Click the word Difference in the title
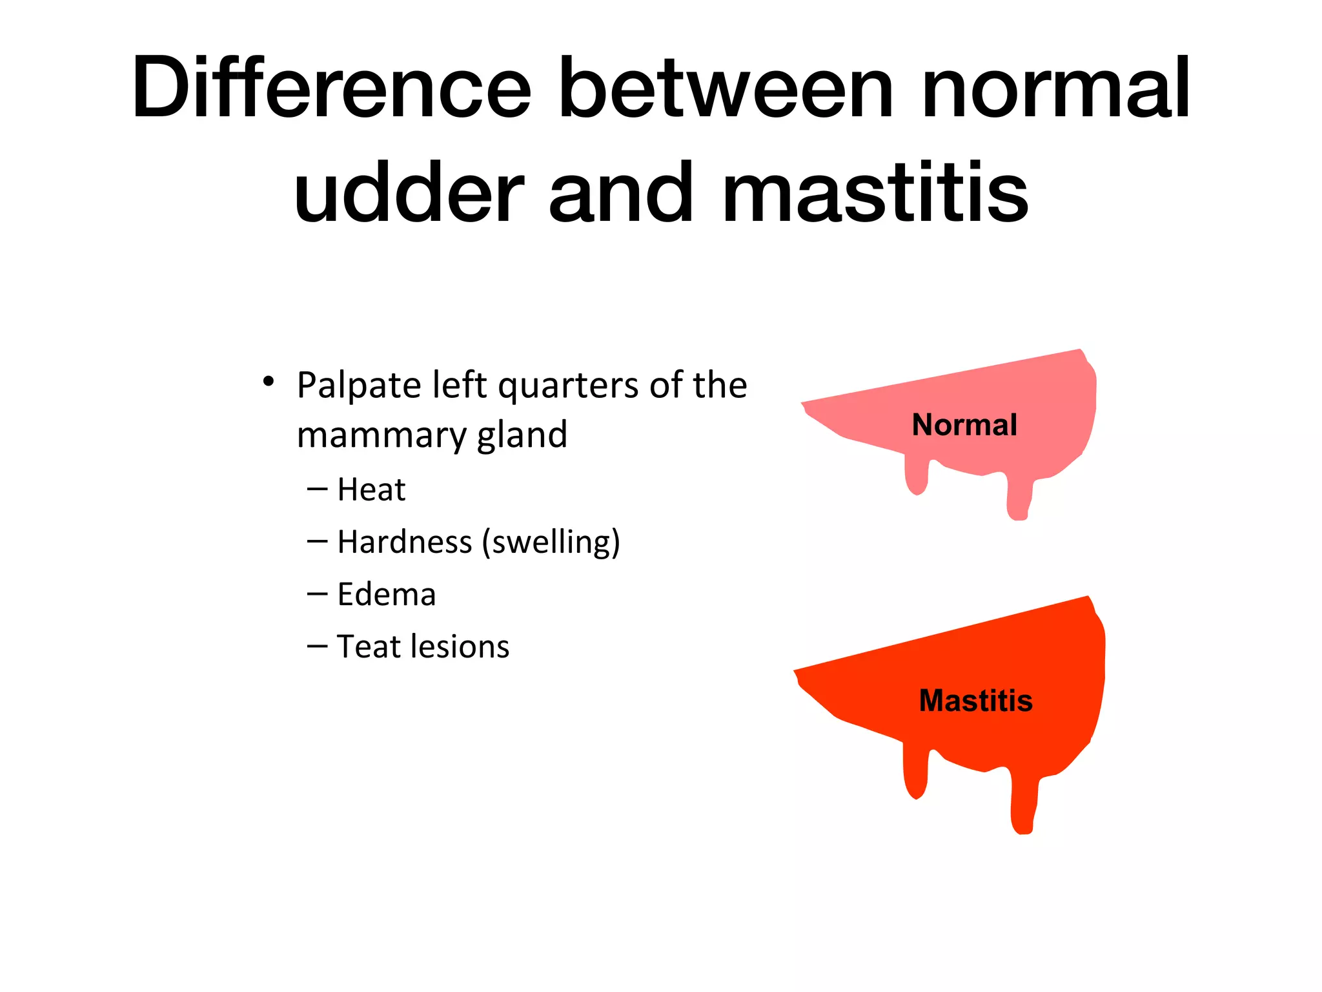(331, 88)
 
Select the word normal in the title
(1055, 88)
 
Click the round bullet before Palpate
(269, 382)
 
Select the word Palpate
(358, 386)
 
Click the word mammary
(380, 435)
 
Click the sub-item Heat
(371, 490)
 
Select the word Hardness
(404, 542)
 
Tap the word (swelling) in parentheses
(551, 542)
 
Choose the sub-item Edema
(386, 594)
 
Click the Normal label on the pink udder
(964, 425)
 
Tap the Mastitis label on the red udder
(975, 701)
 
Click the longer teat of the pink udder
(1019, 497)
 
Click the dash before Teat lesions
(317, 646)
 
